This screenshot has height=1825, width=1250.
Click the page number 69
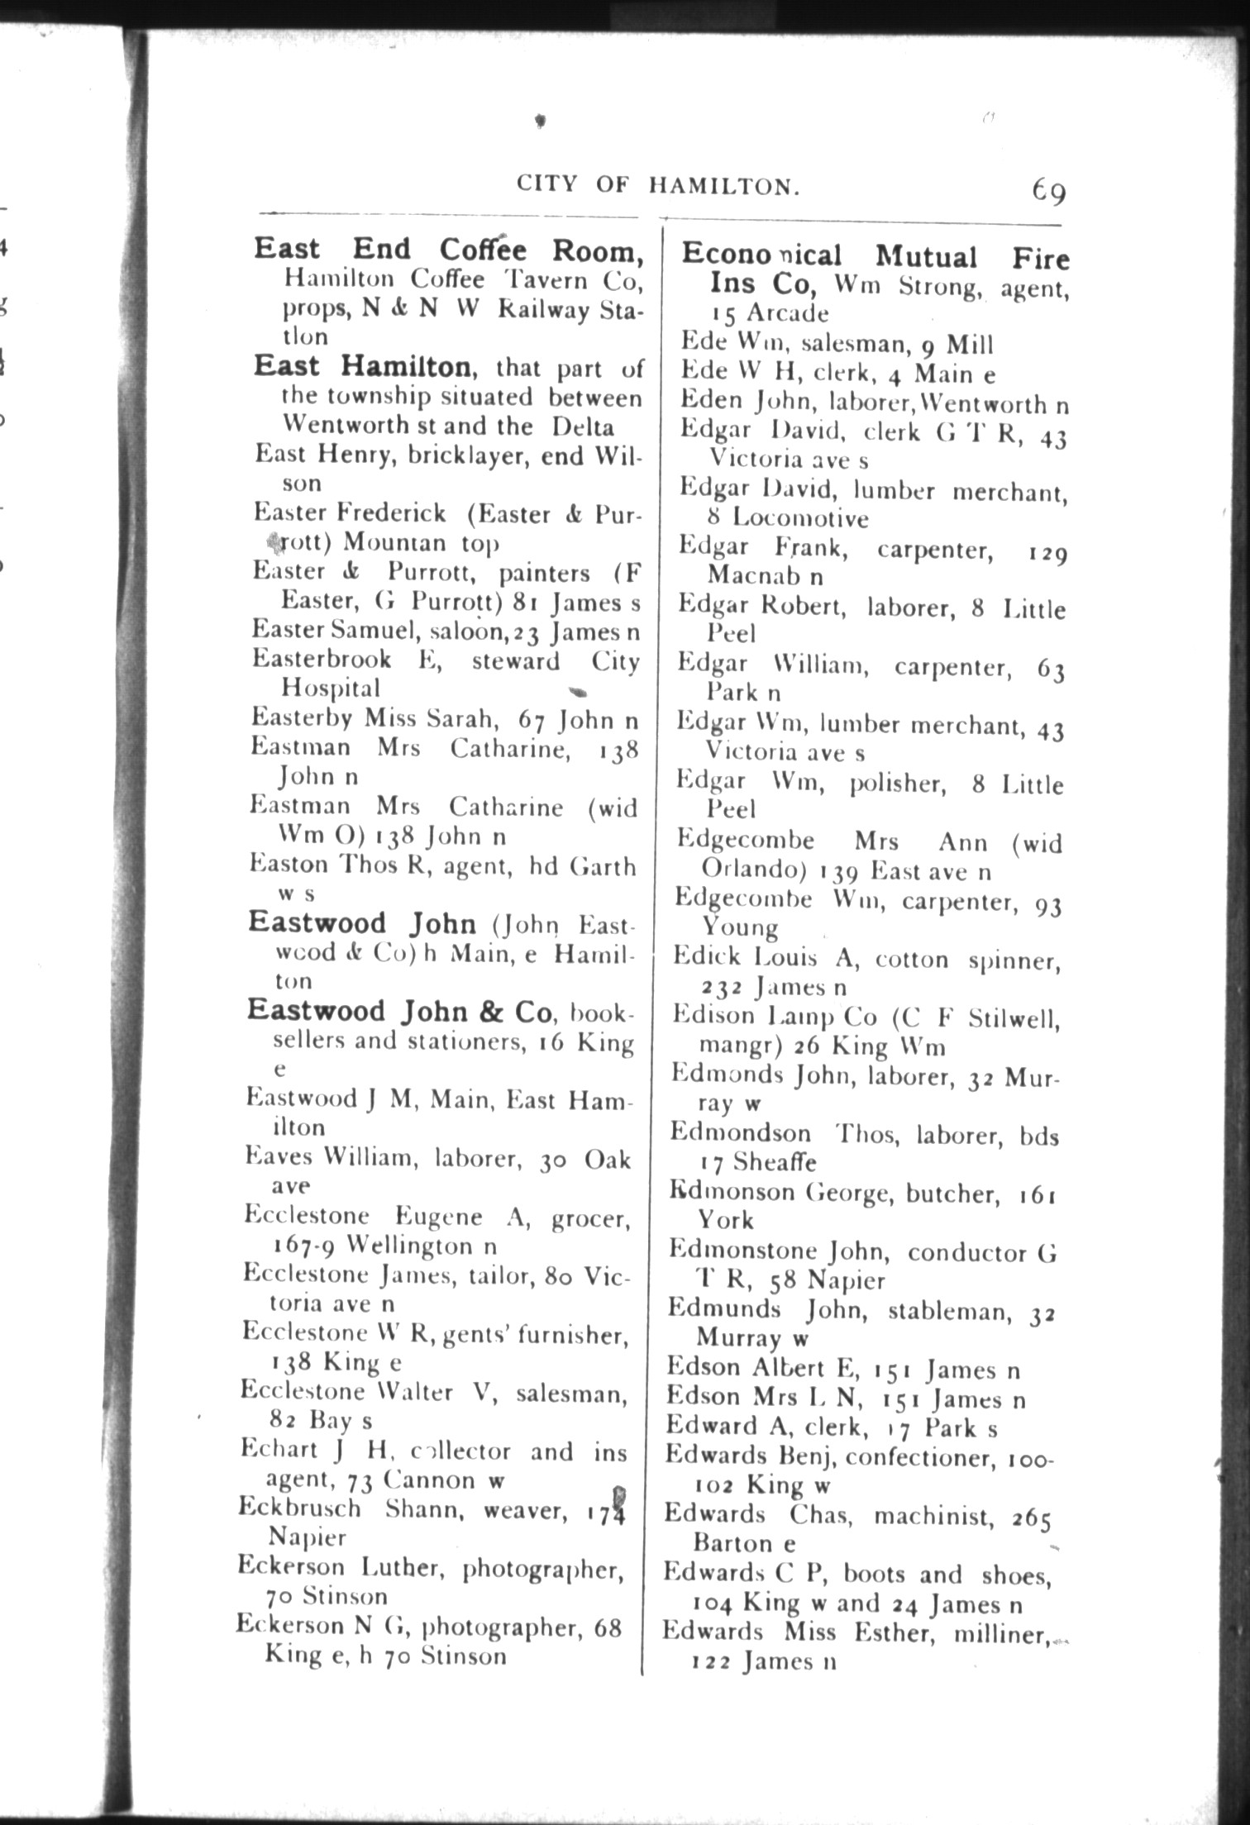click(1048, 192)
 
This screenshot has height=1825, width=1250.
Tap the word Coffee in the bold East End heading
click(483, 249)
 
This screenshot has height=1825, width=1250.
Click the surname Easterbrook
click(322, 660)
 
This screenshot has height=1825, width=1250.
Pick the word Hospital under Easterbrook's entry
click(331, 688)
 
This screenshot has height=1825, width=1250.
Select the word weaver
click(524, 1510)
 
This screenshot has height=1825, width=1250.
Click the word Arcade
click(787, 314)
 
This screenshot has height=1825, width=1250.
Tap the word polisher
click(898, 784)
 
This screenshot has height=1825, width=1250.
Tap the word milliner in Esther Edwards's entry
click(1000, 1634)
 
